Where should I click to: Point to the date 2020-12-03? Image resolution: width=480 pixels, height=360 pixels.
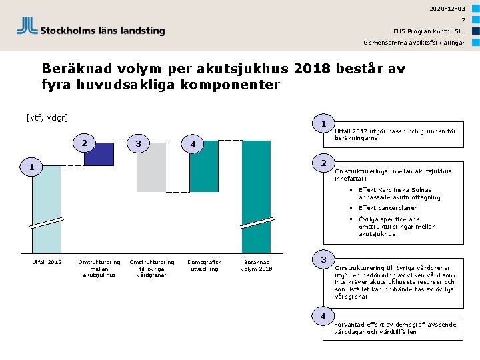447,8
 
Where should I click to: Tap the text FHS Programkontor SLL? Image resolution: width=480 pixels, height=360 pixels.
429,31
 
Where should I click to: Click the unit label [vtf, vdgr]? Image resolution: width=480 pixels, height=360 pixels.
47,119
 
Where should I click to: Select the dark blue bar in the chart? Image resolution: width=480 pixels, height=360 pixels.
99,153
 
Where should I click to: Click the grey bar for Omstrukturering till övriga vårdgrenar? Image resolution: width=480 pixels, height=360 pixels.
151,167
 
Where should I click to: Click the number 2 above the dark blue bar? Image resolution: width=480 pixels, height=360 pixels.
83,143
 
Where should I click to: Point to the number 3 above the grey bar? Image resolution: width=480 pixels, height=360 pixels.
137,143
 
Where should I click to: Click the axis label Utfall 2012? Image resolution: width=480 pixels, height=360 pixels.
47,262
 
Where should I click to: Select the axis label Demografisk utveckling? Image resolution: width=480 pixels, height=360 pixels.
204,265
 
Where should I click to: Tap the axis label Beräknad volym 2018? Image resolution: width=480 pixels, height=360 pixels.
256,265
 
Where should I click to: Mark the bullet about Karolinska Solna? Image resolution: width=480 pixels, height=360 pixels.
399,193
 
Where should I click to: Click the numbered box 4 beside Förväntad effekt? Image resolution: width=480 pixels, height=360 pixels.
323,316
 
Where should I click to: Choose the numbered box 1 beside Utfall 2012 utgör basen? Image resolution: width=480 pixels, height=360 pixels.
323,124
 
